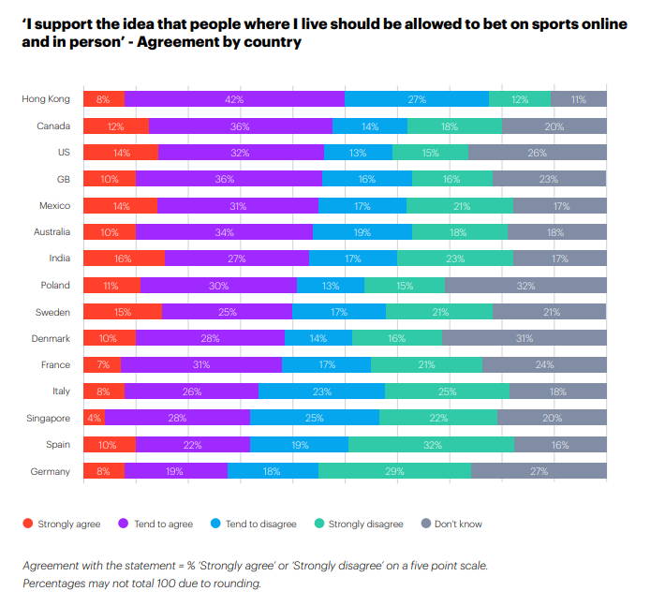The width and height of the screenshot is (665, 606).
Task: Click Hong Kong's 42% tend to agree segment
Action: (x=234, y=99)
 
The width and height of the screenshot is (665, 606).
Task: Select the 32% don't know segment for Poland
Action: (x=525, y=285)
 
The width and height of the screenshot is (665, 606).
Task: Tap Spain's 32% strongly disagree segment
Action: (x=431, y=445)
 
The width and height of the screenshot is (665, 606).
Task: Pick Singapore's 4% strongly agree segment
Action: (x=94, y=418)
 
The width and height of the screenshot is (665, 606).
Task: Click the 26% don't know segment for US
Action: (x=537, y=153)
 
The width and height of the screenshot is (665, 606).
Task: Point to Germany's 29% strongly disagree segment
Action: (x=394, y=471)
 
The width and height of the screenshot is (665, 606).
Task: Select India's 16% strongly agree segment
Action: (x=124, y=259)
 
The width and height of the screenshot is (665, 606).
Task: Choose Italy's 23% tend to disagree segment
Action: (x=321, y=392)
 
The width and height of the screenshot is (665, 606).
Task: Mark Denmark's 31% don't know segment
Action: (x=524, y=312)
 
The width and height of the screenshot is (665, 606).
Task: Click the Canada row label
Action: (x=53, y=126)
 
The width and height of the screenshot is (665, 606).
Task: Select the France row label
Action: (x=55, y=365)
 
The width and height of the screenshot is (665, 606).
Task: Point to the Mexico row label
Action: (x=53, y=206)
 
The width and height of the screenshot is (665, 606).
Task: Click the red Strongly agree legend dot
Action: (x=27, y=524)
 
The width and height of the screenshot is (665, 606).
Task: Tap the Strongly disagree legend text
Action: (x=365, y=524)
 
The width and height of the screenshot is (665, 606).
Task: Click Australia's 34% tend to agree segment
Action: (x=224, y=232)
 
